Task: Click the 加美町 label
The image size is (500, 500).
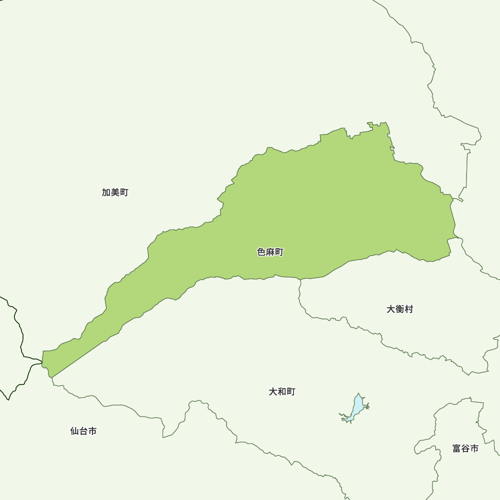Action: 115,192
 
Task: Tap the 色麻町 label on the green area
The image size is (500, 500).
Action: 270,252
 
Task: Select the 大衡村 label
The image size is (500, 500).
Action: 399,309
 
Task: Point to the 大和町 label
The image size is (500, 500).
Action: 282,391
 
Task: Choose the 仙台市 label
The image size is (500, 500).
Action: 83,431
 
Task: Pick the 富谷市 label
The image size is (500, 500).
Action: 465,448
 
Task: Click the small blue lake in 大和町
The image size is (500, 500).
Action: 357,407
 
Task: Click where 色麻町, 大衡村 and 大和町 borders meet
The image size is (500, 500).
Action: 300,279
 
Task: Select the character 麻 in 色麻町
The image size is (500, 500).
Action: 270,252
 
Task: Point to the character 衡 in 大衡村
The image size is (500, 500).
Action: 399,309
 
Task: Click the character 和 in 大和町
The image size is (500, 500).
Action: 282,391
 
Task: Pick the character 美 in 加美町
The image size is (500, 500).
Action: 115,192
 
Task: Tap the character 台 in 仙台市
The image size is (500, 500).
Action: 83,431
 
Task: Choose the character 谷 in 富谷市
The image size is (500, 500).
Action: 465,448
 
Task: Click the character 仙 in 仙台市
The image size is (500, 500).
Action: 74,431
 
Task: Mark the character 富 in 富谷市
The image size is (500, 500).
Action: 457,448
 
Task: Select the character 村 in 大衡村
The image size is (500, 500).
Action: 408,309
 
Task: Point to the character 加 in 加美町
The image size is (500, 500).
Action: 106,192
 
